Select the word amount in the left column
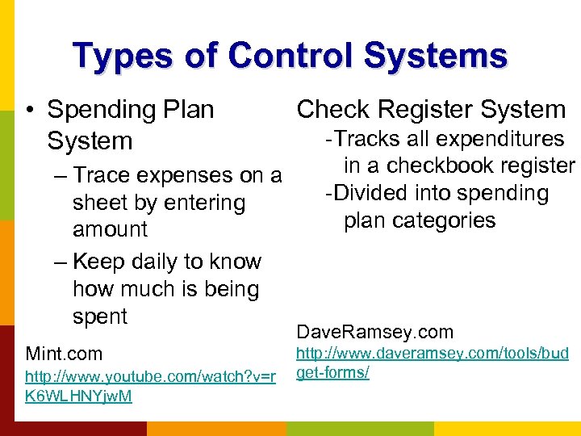[110, 229]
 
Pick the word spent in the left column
[100, 317]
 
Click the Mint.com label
[64, 354]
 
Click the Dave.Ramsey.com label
[375, 332]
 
